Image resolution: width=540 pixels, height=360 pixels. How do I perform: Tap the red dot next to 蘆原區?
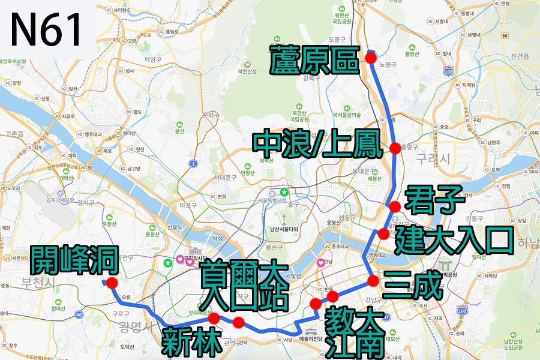[370, 58]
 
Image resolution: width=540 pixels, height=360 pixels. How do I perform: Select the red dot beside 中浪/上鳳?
[395, 148]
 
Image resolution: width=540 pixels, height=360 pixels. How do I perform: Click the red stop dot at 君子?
[394, 206]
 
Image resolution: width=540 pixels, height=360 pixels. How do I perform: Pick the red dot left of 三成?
[373, 281]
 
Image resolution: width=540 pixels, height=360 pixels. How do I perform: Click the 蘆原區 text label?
[314, 60]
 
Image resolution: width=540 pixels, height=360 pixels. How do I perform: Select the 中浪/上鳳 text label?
[317, 145]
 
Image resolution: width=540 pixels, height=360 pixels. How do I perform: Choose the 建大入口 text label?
[454, 238]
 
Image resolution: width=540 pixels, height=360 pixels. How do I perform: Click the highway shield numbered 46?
[79, 314]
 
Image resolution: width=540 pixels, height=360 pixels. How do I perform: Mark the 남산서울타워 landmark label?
[283, 229]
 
